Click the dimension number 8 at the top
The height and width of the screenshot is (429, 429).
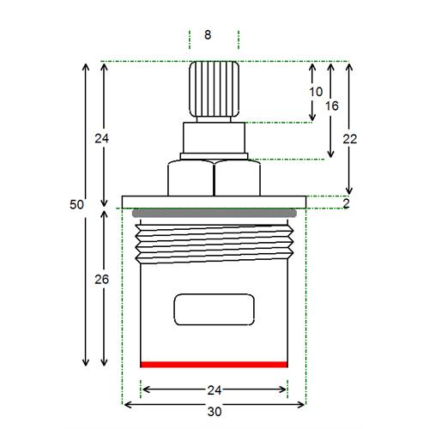point(208,35)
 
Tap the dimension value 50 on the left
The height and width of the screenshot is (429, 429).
point(76,204)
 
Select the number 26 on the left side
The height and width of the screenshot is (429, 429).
point(102,280)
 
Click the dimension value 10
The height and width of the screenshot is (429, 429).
point(316,92)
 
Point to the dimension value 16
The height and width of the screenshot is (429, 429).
point(332,106)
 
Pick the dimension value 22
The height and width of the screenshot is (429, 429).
point(350,139)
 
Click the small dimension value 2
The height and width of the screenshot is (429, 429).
point(346,203)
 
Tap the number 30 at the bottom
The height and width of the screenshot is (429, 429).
point(214,412)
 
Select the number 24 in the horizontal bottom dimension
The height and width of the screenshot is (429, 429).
point(214,390)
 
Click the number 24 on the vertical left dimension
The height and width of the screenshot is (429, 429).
point(102,139)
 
